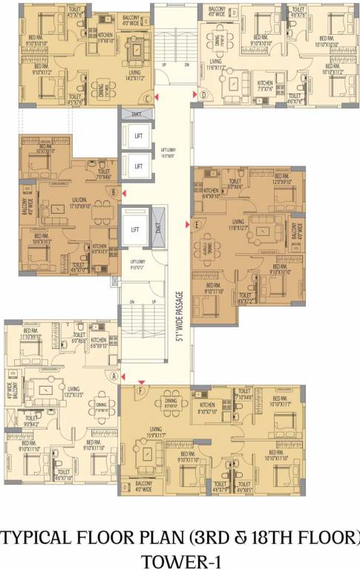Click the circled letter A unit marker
114,376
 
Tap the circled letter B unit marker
113,192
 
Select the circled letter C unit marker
148,98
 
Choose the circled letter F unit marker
141,389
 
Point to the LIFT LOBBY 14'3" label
168,152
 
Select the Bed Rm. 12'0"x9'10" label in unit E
284,180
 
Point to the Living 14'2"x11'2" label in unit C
135,75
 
